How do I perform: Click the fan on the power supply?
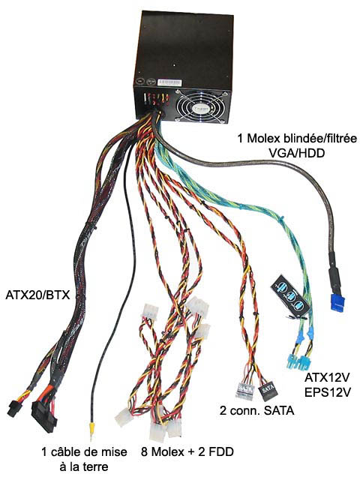(x=203, y=106)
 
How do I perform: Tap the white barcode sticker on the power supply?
(x=169, y=82)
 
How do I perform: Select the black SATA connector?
(x=267, y=391)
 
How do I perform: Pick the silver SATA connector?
(x=245, y=391)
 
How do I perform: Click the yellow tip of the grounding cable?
(x=91, y=427)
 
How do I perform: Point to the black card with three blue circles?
(x=290, y=295)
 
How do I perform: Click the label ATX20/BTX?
(x=38, y=295)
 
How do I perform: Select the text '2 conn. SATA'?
(x=256, y=410)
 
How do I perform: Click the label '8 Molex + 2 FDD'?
(x=187, y=451)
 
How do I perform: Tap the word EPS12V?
(x=327, y=392)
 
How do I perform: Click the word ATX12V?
(x=327, y=377)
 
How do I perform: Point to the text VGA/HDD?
(x=296, y=153)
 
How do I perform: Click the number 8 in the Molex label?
(x=145, y=451)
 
